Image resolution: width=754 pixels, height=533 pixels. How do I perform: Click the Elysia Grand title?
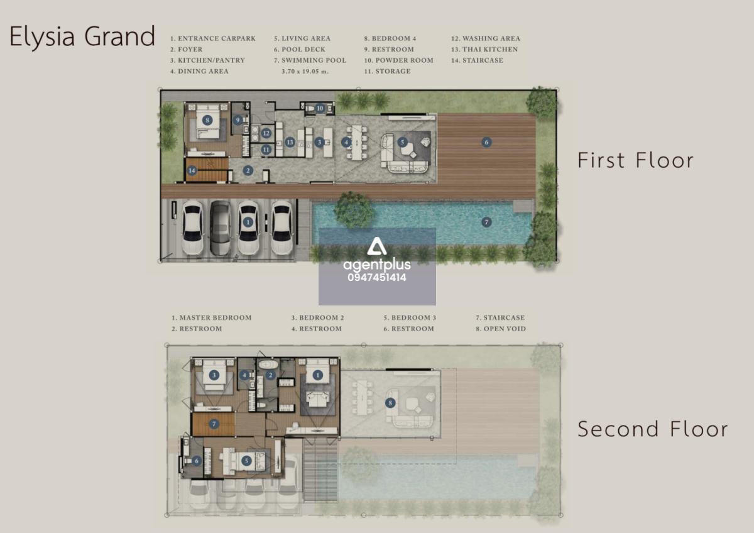(82, 36)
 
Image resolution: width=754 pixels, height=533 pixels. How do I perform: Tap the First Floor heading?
(635, 160)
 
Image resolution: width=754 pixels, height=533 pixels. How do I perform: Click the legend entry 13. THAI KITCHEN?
(484, 50)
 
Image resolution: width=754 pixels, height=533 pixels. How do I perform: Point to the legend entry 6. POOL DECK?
(300, 50)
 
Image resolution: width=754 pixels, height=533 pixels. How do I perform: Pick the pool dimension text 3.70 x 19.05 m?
(305, 72)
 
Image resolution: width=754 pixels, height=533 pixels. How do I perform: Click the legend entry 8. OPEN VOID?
(501, 329)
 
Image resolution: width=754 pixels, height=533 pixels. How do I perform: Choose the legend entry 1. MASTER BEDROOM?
(211, 317)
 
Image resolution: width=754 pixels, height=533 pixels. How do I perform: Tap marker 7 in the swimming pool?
(486, 223)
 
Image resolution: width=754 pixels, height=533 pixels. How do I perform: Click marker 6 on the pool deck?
(486, 142)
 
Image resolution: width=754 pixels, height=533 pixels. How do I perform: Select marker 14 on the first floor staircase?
(192, 170)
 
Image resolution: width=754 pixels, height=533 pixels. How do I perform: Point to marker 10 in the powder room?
(319, 108)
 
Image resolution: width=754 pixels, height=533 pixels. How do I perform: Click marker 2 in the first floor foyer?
(248, 170)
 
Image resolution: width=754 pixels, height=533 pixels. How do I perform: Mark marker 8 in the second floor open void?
(390, 403)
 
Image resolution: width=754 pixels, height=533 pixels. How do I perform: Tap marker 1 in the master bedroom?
(317, 375)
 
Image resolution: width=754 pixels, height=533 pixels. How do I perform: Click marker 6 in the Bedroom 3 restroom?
(197, 461)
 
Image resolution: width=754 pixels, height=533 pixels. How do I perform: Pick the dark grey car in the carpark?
(220, 228)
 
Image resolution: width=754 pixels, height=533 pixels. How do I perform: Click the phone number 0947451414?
(377, 277)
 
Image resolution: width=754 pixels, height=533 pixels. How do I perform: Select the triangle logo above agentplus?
(376, 246)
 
